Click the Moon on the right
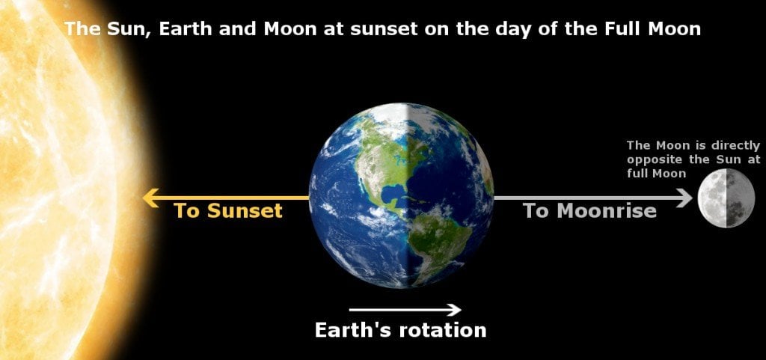click(726, 198)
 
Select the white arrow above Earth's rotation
click(405, 309)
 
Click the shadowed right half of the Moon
click(740, 198)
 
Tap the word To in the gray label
click(536, 211)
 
